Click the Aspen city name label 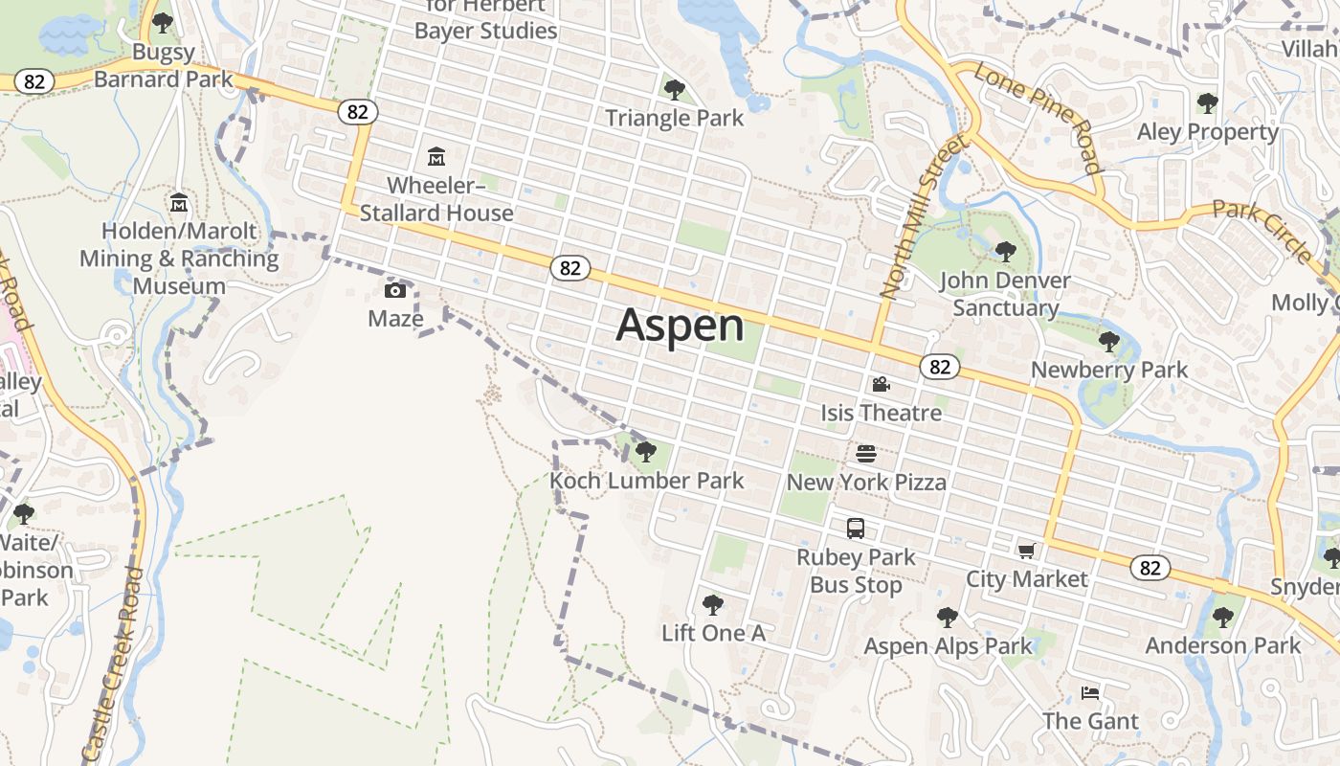(680, 326)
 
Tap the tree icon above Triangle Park (675, 90)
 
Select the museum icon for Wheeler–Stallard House (436, 156)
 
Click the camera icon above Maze (395, 290)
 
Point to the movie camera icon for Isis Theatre (881, 385)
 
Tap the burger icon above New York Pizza (866, 453)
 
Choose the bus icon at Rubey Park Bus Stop (856, 529)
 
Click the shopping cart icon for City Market (1027, 551)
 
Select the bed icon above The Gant (1090, 692)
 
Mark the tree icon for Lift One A (712, 604)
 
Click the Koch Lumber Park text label (647, 481)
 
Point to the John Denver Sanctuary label (1005, 294)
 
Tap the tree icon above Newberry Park (1109, 341)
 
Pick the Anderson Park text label (1223, 645)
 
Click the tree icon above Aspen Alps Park (948, 618)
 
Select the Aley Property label (1208, 132)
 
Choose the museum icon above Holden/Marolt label (179, 203)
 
